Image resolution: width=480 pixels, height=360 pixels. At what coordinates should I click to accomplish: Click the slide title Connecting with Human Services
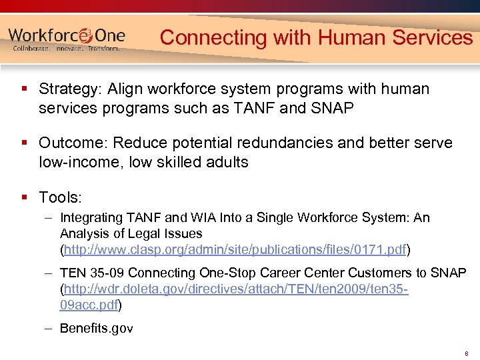[x=316, y=37]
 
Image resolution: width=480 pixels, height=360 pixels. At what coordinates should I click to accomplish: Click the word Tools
[x=60, y=197]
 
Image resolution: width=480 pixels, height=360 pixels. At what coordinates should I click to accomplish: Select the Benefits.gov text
[x=96, y=328]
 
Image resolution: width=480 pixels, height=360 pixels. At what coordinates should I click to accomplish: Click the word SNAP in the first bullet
[x=333, y=107]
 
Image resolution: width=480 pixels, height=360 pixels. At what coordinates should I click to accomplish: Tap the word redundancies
[x=272, y=143]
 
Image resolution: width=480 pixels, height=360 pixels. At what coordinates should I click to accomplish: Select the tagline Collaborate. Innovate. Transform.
[x=67, y=49]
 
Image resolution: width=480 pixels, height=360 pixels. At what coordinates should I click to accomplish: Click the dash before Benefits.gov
[x=50, y=328]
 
